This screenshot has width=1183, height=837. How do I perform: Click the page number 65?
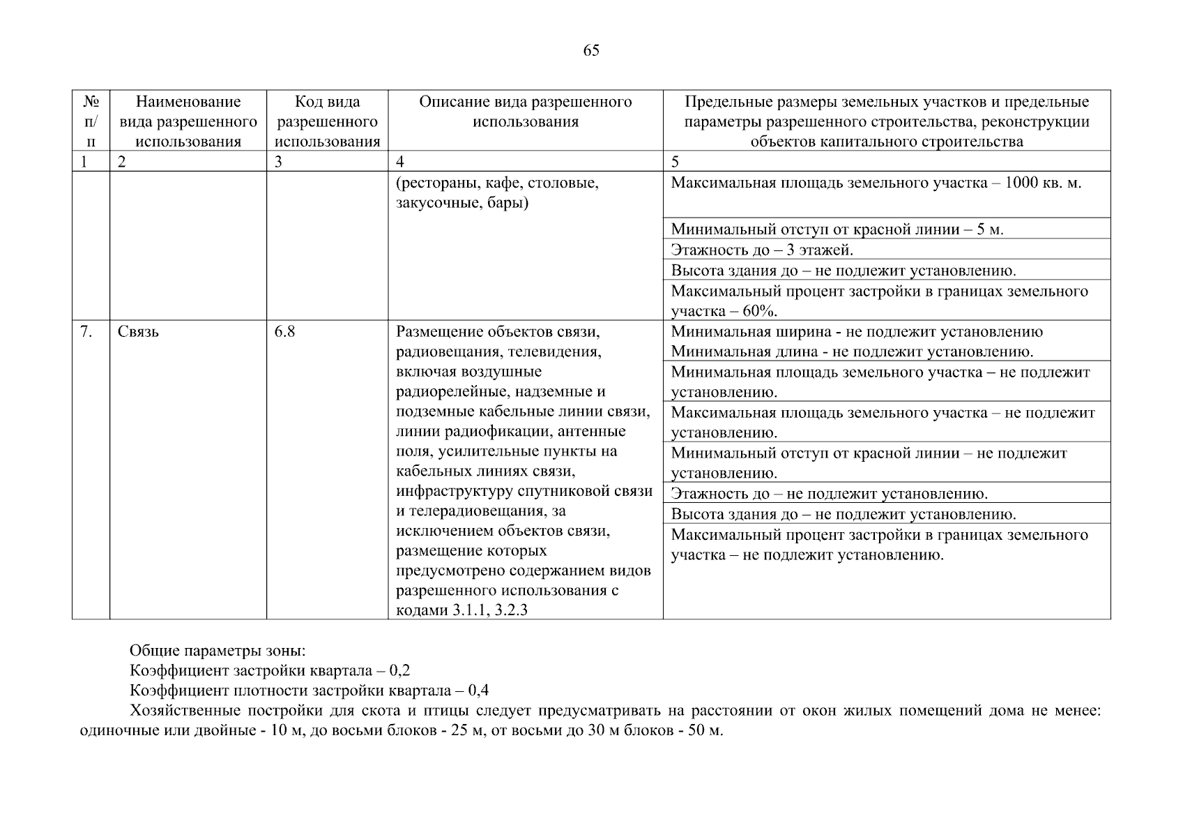590,50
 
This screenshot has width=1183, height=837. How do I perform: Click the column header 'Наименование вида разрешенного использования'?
188,121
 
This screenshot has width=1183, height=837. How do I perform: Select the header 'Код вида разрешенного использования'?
327,121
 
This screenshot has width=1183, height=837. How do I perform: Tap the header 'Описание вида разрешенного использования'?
525,112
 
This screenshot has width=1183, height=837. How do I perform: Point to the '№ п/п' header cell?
91,121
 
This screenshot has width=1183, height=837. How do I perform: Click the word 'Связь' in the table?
138,332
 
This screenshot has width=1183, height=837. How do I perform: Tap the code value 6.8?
284,332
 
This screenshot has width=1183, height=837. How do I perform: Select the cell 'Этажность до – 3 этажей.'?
762,250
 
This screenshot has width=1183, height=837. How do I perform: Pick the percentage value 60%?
761,311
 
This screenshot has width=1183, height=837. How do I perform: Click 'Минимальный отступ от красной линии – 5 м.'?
837,229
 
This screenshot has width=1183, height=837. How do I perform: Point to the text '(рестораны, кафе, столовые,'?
498,183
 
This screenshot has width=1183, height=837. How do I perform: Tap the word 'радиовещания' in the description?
448,352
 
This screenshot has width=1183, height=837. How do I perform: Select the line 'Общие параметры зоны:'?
217,651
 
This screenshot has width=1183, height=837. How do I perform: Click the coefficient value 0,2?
400,671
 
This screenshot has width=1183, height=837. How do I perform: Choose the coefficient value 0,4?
478,691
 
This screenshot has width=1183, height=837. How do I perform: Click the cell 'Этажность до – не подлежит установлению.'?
829,494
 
